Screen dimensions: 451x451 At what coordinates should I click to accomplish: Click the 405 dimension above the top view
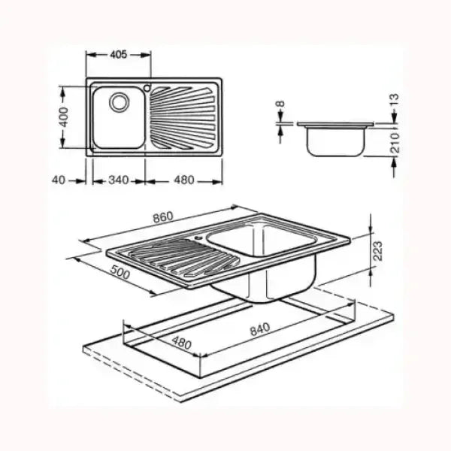tap(117, 55)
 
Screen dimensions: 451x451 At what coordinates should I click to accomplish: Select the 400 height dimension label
tap(65, 116)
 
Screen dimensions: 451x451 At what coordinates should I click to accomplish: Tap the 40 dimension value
tap(62, 180)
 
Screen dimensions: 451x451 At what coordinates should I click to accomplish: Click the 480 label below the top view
tap(183, 180)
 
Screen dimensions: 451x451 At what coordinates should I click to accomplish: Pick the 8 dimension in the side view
tap(280, 105)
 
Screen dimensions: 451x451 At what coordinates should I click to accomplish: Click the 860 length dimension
tap(162, 217)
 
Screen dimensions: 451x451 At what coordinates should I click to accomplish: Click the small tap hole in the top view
tap(148, 85)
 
